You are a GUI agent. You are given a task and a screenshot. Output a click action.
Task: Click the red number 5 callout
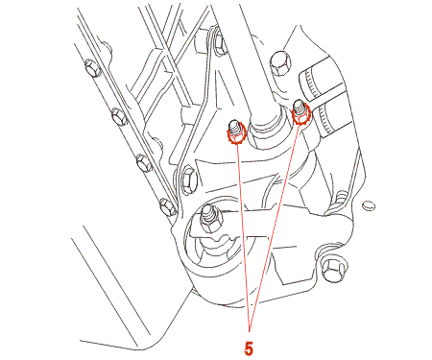[249, 348]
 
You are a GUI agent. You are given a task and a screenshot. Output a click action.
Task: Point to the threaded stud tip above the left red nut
[234, 125]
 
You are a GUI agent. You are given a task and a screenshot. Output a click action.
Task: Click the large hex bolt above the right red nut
[281, 63]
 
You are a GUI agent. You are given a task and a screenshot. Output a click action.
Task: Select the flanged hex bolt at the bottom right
[332, 269]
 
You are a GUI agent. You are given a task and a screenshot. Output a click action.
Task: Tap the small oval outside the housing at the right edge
[369, 205]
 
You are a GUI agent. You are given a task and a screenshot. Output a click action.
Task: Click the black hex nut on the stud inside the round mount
[211, 222]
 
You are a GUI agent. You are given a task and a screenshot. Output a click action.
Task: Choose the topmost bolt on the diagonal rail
[93, 68]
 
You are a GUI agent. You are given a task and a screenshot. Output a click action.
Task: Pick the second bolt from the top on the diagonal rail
[119, 116]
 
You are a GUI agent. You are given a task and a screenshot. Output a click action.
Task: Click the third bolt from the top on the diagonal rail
[144, 162]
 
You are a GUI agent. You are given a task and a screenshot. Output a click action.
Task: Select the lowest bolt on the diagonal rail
[168, 206]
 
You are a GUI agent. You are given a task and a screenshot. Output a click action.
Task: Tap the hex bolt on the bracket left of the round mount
[188, 181]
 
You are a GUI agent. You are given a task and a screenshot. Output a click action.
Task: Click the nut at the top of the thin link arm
[220, 42]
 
